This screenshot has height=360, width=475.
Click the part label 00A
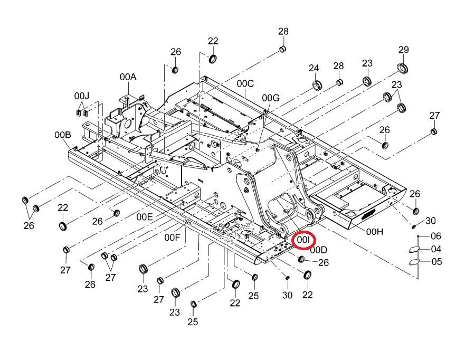(128, 77)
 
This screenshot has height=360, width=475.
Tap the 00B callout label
(63, 135)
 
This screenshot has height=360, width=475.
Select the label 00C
(245, 83)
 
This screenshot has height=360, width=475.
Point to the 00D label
(319, 250)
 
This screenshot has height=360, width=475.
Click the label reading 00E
(145, 217)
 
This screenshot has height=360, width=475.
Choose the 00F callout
(172, 238)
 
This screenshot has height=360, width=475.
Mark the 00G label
(271, 98)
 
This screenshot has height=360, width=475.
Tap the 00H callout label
(375, 232)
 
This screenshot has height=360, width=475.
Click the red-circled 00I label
(303, 240)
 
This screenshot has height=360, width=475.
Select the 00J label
(82, 96)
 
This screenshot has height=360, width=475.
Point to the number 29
(404, 50)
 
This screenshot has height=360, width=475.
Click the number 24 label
(314, 68)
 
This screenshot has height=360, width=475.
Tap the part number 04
(436, 249)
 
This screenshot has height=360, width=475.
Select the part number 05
(436, 261)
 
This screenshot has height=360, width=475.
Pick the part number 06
(436, 236)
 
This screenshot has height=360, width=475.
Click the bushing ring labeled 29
(402, 69)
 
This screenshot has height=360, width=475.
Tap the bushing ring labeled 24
(317, 85)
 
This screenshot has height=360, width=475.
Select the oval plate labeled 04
(414, 249)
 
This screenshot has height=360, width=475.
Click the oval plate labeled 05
(414, 262)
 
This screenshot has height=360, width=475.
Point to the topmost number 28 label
(283, 31)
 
